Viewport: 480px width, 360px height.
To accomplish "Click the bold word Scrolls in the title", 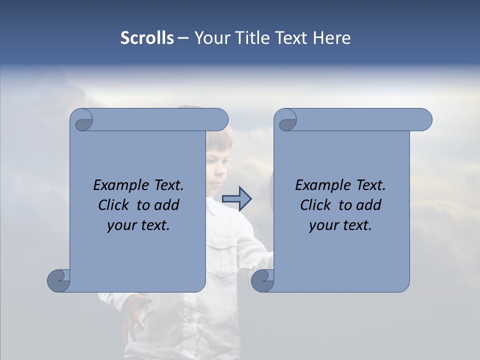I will click(147, 38).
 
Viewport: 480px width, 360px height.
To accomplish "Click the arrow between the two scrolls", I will click(236, 199).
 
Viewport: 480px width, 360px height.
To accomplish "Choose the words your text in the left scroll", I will click(138, 225).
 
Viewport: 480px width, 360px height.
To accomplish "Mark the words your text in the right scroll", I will click(340, 225).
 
